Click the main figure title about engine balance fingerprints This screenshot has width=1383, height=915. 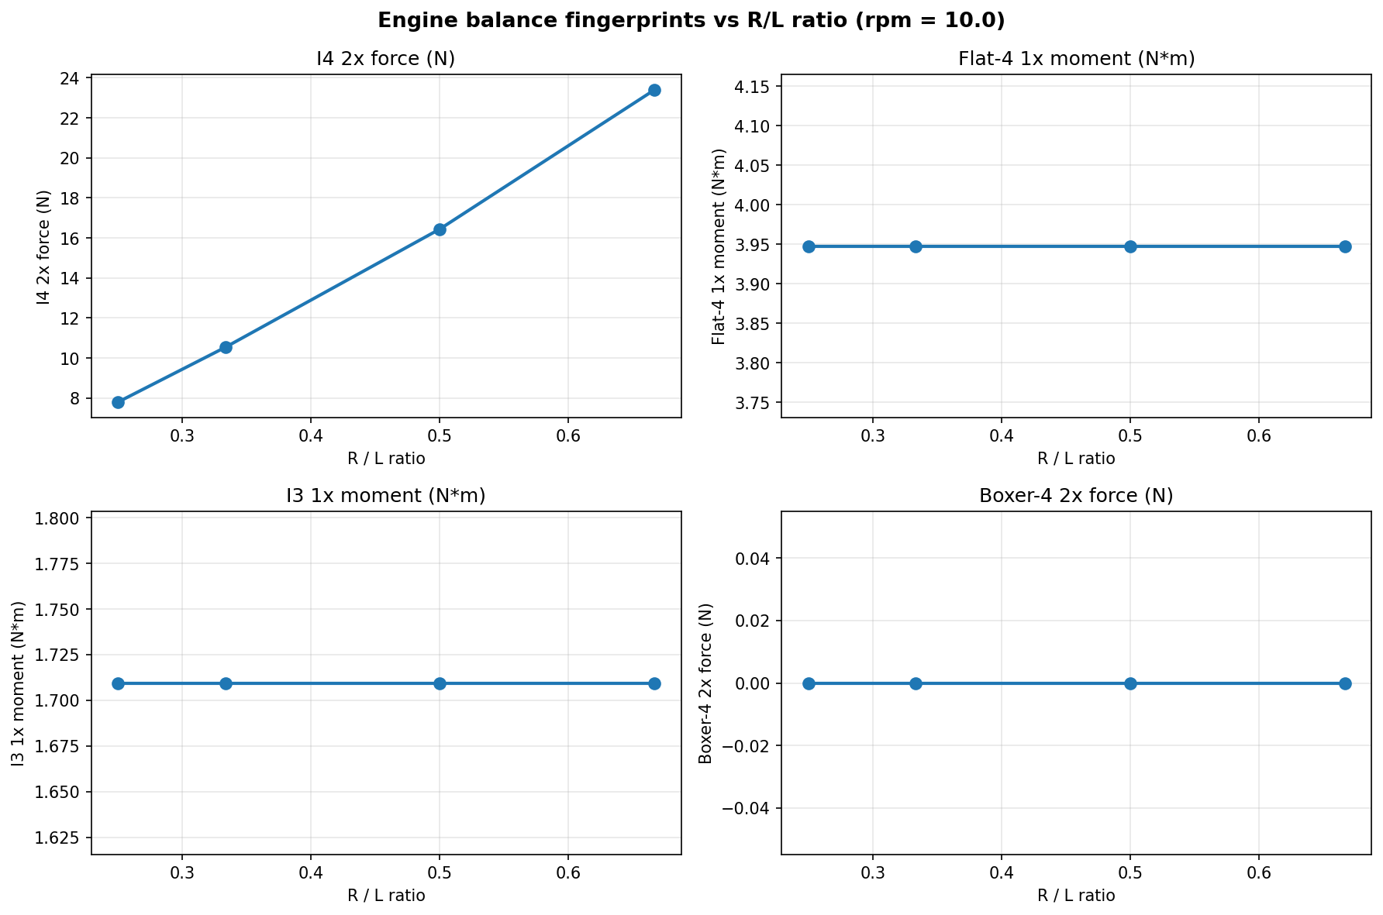(691, 21)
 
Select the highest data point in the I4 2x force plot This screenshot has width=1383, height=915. (654, 90)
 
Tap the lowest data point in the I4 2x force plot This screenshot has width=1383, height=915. (118, 402)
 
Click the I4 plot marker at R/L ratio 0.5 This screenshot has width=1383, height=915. (440, 229)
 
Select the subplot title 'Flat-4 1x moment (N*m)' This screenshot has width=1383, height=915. (1076, 59)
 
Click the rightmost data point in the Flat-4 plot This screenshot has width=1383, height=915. (1345, 246)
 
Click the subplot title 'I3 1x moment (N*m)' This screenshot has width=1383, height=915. (386, 496)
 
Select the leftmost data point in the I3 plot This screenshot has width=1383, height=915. (118, 683)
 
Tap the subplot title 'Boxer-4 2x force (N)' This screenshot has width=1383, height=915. (1076, 496)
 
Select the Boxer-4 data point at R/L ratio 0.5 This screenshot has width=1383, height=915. (1130, 683)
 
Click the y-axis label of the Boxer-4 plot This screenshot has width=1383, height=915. (705, 683)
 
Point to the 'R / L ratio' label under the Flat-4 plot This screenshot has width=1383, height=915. (1076, 459)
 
